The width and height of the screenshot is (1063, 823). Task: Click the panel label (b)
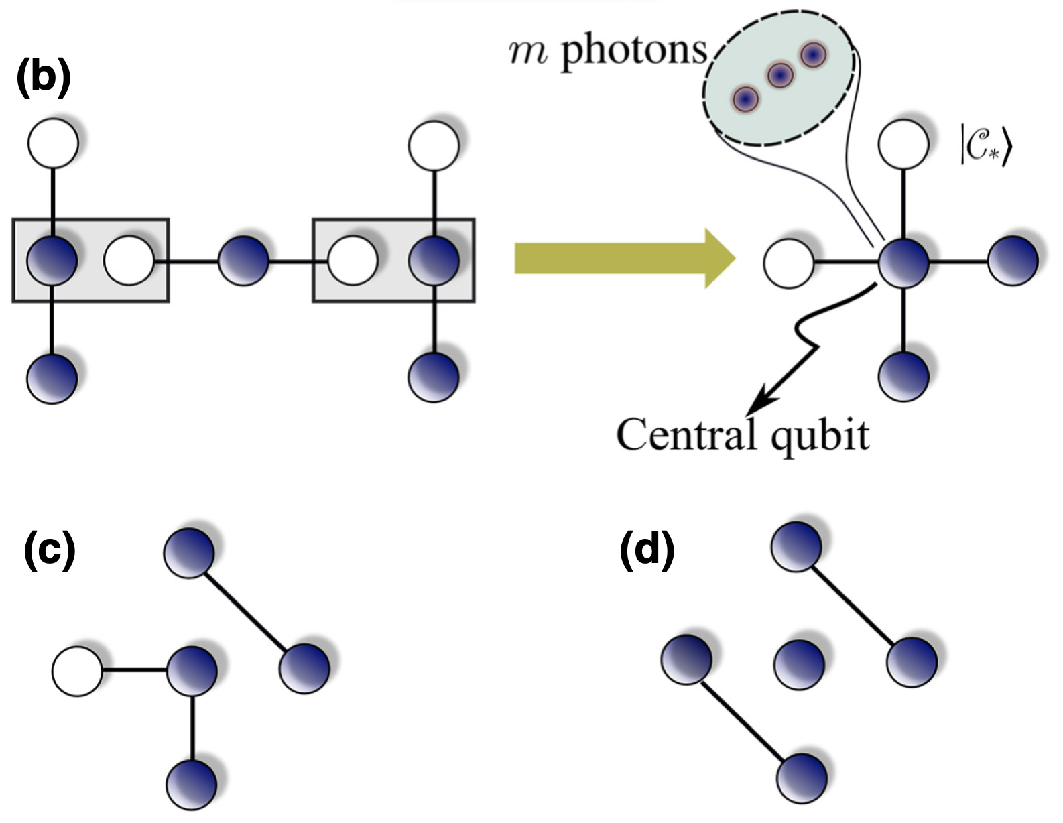click(42, 79)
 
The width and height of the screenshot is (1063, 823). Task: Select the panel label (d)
click(646, 552)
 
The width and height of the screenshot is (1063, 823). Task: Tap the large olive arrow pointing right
click(623, 259)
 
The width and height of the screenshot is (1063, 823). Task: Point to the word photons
click(633, 51)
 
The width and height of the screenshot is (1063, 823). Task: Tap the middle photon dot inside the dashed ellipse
click(780, 75)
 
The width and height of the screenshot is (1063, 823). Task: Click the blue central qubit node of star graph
click(903, 261)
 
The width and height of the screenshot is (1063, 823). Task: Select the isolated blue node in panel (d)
click(798, 663)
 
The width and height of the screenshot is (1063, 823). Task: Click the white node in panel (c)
click(77, 670)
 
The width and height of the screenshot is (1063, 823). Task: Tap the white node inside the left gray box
click(129, 259)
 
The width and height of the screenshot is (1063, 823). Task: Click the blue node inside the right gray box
click(434, 259)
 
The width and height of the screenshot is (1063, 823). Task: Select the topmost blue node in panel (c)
click(190, 552)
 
